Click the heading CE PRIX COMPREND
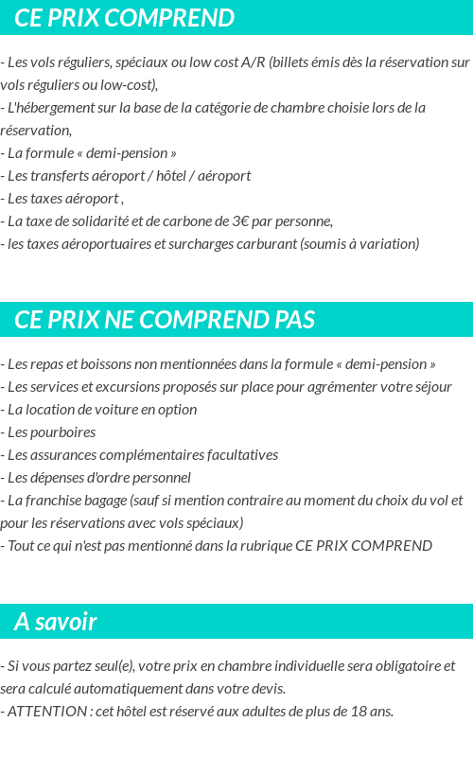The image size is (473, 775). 124,18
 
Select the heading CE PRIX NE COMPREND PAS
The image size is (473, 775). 165,320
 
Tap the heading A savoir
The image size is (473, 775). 56,622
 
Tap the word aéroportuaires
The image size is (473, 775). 101,244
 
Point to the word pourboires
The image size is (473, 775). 64,432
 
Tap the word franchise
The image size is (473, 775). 50,500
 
